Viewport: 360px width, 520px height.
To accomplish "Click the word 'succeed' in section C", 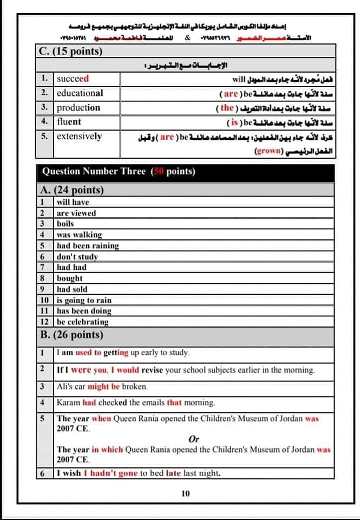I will point(73,79).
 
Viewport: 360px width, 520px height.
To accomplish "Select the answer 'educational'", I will point(80,93).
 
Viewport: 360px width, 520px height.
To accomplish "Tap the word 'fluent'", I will point(69,121).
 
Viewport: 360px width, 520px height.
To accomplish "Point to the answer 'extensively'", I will point(79,136).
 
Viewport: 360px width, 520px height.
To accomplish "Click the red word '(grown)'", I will point(268,151).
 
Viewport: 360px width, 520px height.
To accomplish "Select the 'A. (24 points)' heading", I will point(72,190).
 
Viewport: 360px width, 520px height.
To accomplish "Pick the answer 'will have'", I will point(73,202).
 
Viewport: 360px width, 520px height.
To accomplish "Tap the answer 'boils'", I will point(66,224).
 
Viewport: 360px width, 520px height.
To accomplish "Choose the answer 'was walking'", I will point(79,235).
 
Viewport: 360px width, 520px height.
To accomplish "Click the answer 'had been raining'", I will point(88,245).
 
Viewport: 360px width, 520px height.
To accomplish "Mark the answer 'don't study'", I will point(77,256).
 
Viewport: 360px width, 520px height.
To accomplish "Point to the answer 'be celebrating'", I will point(83,322).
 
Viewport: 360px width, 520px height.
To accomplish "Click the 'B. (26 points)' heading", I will point(72,335).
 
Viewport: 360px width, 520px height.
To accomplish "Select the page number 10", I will point(186,493).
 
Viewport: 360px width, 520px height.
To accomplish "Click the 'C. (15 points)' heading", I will point(71,52).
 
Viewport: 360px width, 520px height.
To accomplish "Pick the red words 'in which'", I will point(107,450).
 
